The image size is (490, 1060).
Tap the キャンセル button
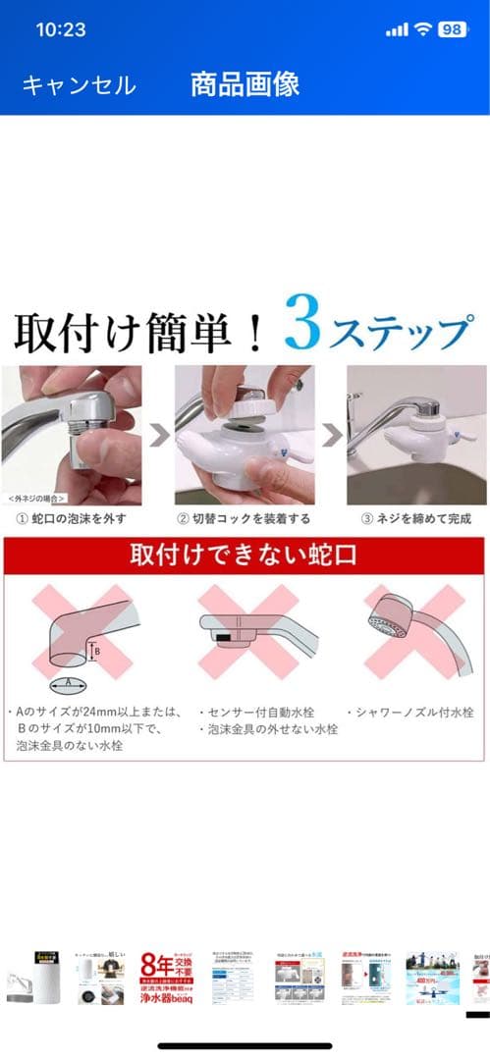[79, 85]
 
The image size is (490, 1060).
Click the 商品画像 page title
[245, 84]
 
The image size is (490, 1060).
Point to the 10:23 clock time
[61, 29]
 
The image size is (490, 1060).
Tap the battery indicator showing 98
[452, 29]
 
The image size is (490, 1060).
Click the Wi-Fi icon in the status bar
[422, 29]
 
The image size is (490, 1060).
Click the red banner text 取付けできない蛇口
[245, 555]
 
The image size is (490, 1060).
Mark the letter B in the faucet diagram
[96, 649]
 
